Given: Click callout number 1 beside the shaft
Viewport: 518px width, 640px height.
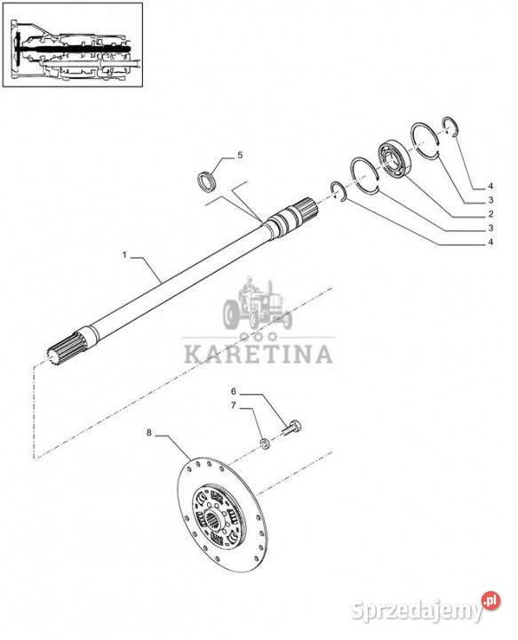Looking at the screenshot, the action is (124, 255).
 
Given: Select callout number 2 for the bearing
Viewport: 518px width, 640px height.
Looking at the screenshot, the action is (490, 214).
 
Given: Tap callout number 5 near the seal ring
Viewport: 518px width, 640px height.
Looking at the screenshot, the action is (240, 155).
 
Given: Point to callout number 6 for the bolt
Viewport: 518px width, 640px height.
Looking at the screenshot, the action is (234, 391).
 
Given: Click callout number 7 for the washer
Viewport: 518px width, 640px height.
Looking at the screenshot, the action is (234, 405).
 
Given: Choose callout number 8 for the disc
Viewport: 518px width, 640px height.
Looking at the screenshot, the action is (149, 432).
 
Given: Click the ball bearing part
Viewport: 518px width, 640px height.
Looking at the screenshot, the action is (394, 159).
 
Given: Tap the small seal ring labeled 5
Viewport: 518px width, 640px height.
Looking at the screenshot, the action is (207, 180).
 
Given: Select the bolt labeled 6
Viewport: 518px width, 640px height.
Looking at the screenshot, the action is (291, 428).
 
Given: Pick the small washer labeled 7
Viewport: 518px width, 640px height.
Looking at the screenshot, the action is (265, 444).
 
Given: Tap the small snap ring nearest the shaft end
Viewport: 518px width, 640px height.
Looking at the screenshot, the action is (338, 191).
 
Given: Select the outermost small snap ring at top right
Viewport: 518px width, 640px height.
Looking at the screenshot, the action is (450, 126).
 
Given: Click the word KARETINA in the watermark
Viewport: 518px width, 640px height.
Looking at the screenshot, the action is (259, 355).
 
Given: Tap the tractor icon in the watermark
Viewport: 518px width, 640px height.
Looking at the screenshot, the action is (258, 304).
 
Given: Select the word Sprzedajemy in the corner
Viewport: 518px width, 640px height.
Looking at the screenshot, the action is (416, 611).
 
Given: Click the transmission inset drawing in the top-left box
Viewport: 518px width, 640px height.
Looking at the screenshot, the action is (73, 44).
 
